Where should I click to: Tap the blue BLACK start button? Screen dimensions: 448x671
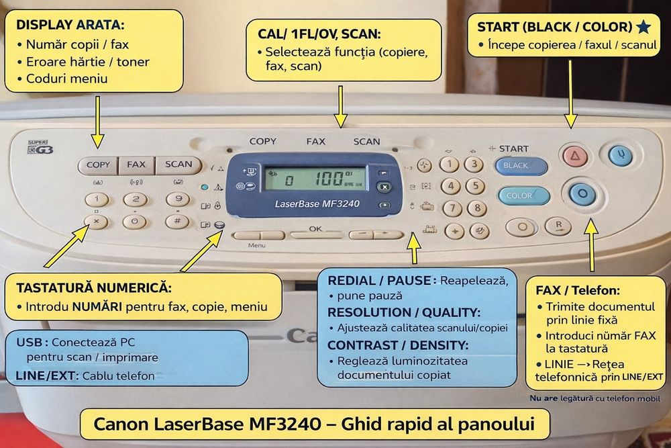pyautogui.click(x=521, y=166)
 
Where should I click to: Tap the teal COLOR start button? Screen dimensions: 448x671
pyautogui.click(x=523, y=196)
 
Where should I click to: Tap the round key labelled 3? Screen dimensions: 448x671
pyautogui.click(x=474, y=165)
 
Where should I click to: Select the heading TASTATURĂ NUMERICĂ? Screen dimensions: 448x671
pyautogui.click(x=94, y=288)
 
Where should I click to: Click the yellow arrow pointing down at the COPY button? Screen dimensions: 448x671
pyautogui.click(x=98, y=121)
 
